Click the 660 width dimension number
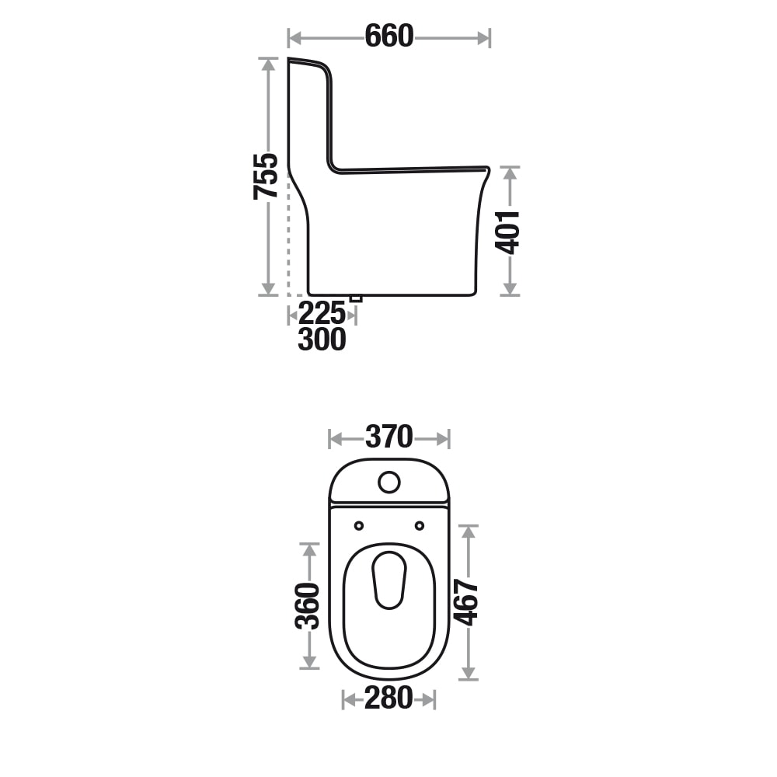coord(389,37)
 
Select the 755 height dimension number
coord(266,176)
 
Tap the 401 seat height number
coord(507,232)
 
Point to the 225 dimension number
coord(322,313)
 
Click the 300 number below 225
coord(322,340)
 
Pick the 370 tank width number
coord(389,437)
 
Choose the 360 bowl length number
coord(307,606)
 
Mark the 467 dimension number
coord(466,602)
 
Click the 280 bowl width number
coord(388,698)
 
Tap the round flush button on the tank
coord(389,483)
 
